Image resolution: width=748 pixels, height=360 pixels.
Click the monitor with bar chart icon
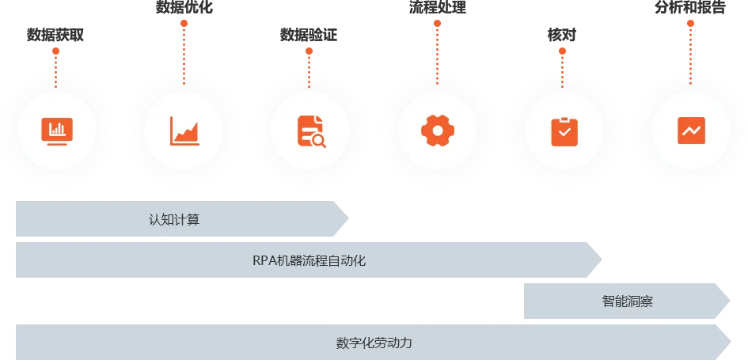[x=56, y=131]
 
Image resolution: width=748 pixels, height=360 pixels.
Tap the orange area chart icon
[x=184, y=131]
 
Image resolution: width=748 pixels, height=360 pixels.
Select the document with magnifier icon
[x=311, y=131]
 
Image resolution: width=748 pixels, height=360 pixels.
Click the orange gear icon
[x=438, y=131]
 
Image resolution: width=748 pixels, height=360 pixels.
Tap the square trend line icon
[x=691, y=131]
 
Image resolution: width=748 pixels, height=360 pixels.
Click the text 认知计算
[x=174, y=219]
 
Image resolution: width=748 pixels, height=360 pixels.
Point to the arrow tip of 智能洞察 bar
[x=730, y=301]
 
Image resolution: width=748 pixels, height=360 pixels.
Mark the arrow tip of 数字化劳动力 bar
[x=730, y=343]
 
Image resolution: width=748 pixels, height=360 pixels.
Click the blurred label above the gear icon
[x=437, y=9]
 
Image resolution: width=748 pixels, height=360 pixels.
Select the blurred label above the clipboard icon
[x=560, y=35]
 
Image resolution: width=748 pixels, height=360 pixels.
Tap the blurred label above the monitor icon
[x=56, y=35]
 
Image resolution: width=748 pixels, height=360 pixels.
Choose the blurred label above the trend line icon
[x=690, y=9]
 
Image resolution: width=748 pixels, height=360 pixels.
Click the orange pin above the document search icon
[x=310, y=51]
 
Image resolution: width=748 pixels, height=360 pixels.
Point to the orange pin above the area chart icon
[x=184, y=25]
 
